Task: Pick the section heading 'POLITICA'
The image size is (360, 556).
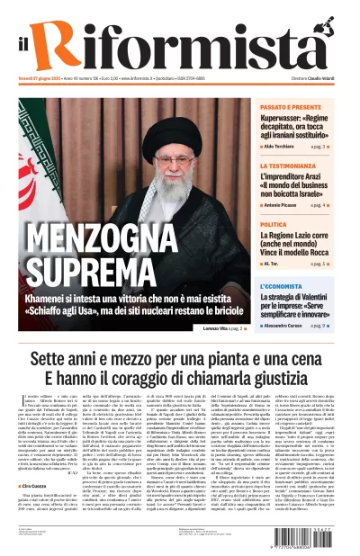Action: (274, 224)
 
